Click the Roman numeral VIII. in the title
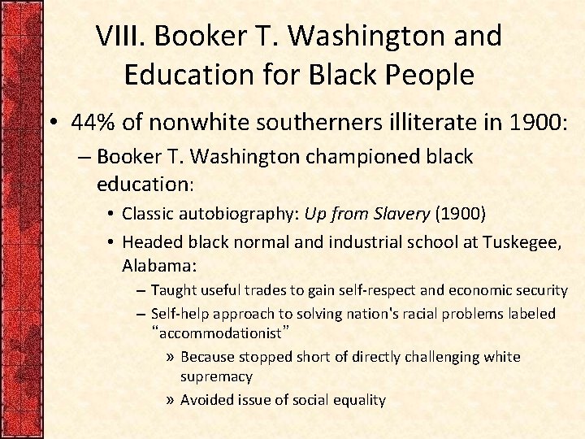click(x=121, y=36)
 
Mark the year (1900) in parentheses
click(x=461, y=214)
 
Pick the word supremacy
click(x=216, y=377)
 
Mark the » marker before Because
click(x=170, y=357)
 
